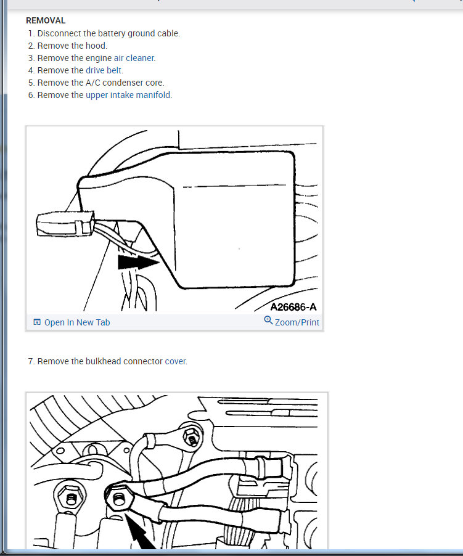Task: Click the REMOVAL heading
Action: [46, 20]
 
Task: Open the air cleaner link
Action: [134, 58]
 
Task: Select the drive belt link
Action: [104, 70]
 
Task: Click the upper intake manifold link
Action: [128, 95]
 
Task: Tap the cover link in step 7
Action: [175, 361]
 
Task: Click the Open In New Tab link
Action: [77, 322]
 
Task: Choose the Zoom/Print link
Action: [297, 322]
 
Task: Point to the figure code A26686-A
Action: [293, 307]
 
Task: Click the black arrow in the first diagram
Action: [138, 263]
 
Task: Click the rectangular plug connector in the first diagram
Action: [65, 224]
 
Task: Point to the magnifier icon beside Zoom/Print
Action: [268, 321]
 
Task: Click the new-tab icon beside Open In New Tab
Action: [37, 322]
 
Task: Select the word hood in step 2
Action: [96, 46]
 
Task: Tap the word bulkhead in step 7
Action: [103, 361]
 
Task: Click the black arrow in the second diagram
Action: [140, 531]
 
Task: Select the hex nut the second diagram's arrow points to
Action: [120, 499]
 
